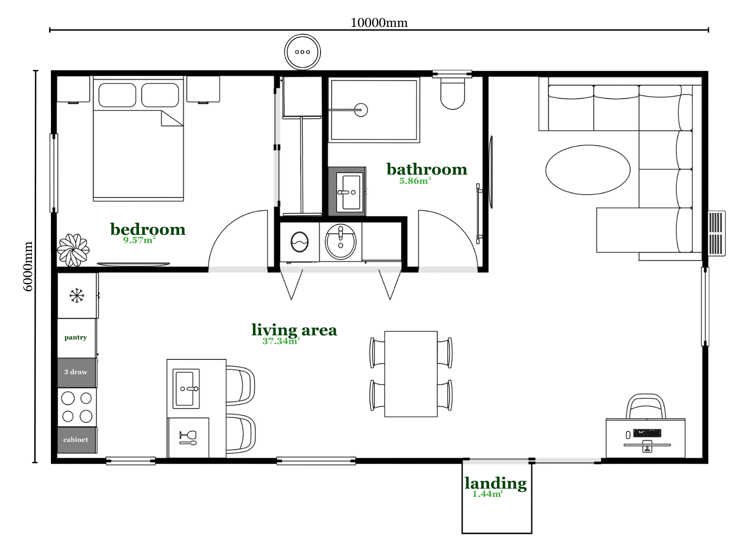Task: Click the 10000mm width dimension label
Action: tap(379, 23)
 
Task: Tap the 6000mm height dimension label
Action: tap(28, 266)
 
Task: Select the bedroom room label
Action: tap(148, 230)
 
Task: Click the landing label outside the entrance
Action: tap(496, 484)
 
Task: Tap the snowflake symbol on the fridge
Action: tap(77, 295)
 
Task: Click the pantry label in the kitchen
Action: tap(75, 338)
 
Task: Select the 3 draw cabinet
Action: tap(77, 372)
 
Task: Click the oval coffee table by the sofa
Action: tap(588, 170)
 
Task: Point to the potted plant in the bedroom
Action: tap(73, 250)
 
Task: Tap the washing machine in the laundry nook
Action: tap(300, 242)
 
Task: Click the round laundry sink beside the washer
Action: tap(340, 242)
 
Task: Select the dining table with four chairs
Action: tap(411, 374)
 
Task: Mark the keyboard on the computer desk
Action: tap(647, 433)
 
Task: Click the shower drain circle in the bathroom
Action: tap(361, 110)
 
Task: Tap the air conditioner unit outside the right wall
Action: tap(716, 233)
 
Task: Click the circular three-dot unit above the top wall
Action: tap(302, 52)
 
